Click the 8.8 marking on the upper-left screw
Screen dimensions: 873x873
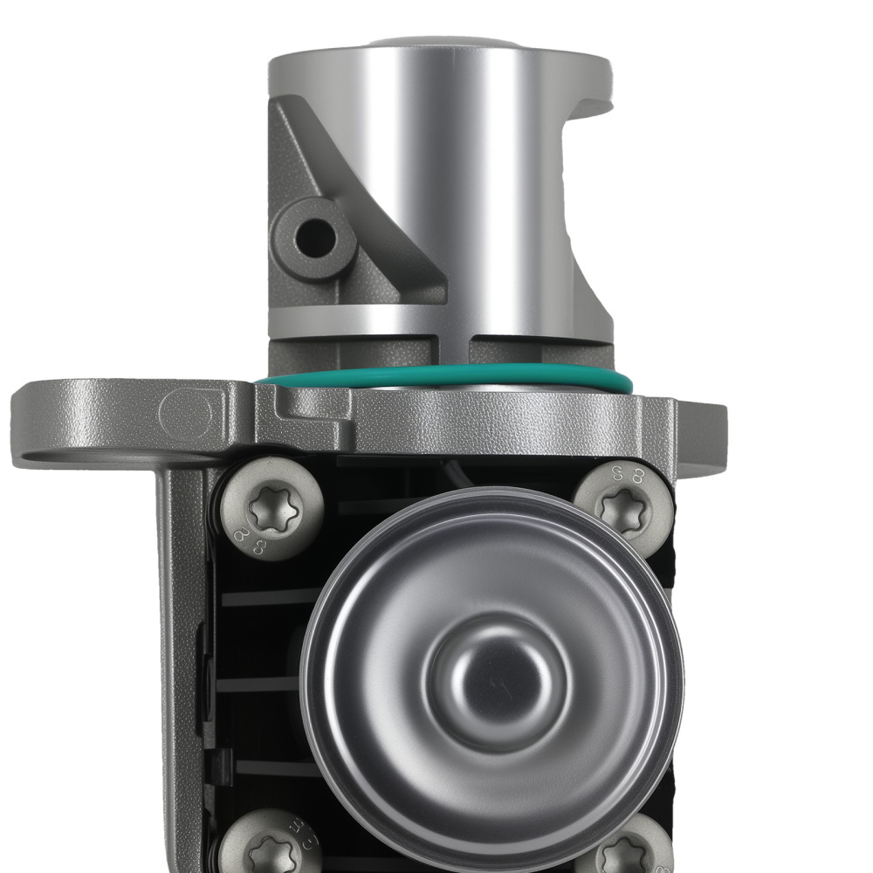point(251,540)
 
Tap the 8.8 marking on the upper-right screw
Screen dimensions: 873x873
point(630,475)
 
